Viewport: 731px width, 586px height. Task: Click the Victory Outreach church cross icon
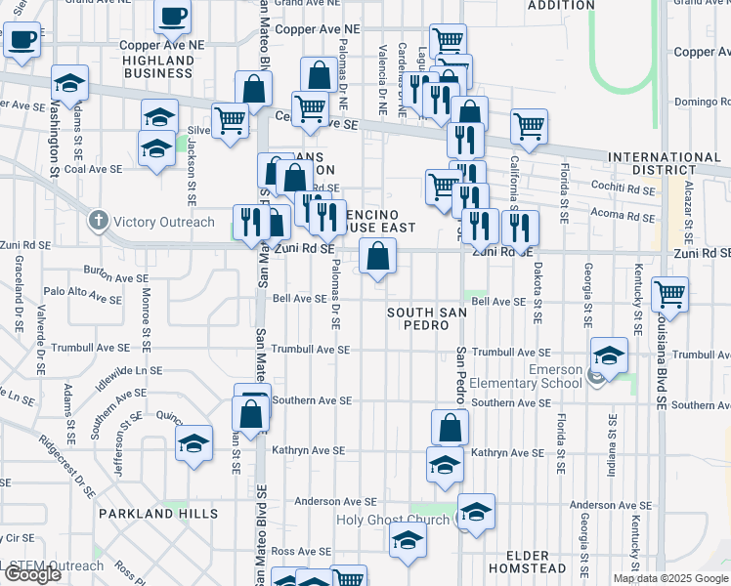98,222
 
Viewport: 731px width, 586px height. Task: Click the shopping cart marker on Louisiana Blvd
669,292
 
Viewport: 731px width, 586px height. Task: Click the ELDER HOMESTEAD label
527,562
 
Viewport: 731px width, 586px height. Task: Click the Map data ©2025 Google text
670,578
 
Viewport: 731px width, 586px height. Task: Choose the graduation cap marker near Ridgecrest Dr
193,443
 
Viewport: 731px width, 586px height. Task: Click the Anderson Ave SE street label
329,502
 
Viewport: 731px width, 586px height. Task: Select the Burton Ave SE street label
116,277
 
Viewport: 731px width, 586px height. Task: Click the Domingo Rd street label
703,102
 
